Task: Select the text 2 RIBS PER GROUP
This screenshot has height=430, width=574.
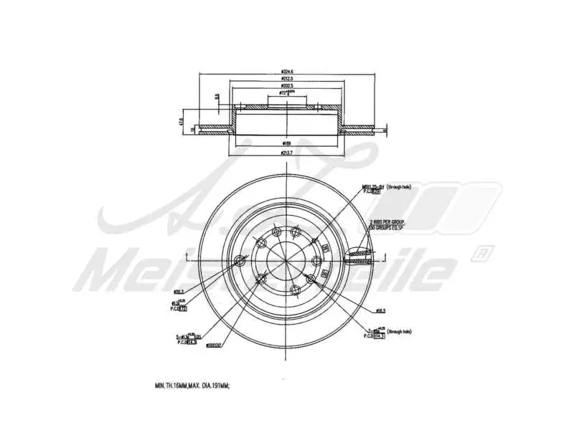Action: [388, 223]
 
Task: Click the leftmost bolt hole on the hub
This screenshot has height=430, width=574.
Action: [239, 261]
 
